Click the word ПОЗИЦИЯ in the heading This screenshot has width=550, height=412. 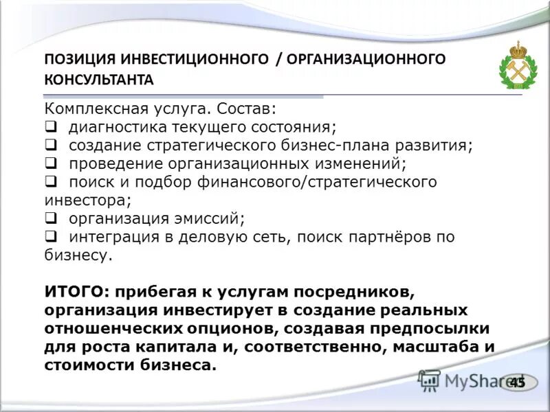(x=80, y=59)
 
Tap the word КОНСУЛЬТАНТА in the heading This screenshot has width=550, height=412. (x=99, y=80)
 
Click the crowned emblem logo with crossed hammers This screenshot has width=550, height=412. (x=518, y=66)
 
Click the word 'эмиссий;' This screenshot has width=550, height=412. (x=212, y=218)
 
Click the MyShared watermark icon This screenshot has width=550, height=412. (x=430, y=380)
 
